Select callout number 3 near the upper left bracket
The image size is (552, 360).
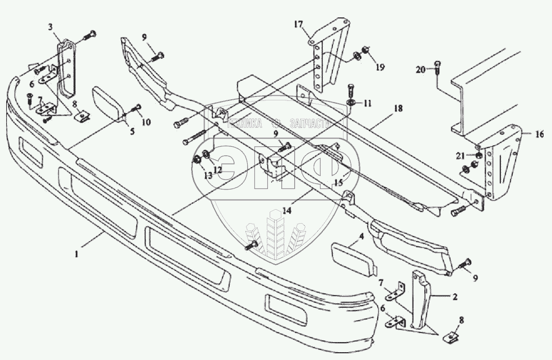coord(50,26)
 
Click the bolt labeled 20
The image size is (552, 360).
coord(438,70)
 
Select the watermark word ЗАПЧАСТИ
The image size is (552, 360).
coord(309,123)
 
